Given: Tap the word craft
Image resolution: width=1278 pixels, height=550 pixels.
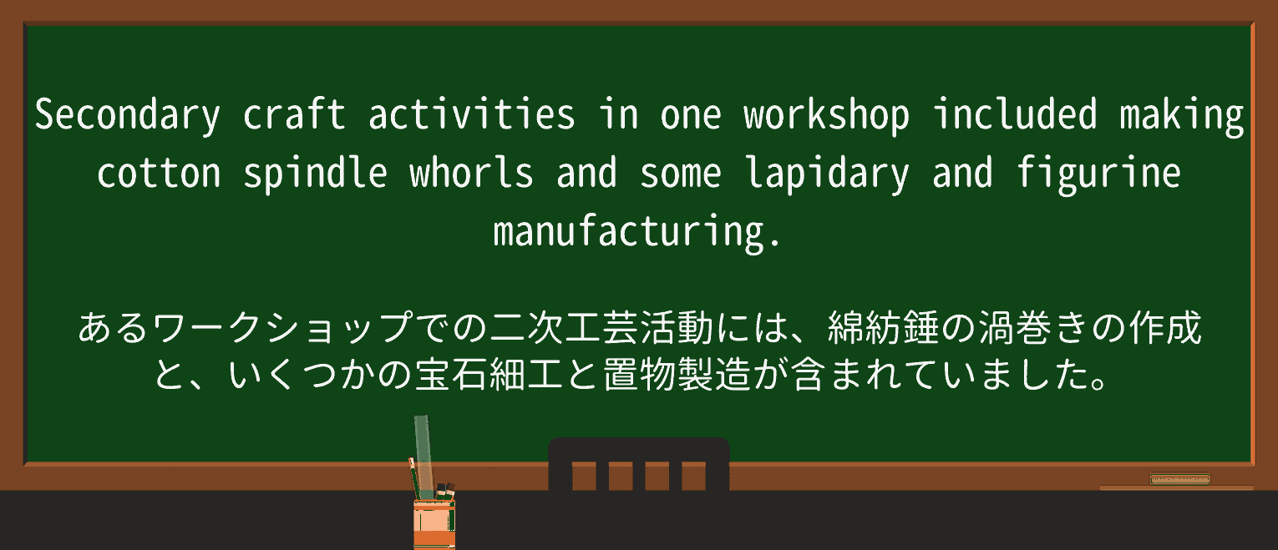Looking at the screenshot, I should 294,115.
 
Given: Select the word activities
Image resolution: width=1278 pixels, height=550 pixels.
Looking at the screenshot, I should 471,115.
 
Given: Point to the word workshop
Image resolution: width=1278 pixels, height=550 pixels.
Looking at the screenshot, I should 826,115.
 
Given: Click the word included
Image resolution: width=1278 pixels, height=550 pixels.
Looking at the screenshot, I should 1014,115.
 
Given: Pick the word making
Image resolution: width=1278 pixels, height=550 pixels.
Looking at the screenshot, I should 1181,115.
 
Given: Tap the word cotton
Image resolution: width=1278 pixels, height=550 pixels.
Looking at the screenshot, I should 159,174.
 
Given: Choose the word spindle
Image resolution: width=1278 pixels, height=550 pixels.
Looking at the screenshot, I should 315,174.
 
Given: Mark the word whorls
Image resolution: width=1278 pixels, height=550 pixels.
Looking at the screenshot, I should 471,174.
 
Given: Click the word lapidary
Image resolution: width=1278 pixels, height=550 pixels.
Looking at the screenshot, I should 826,174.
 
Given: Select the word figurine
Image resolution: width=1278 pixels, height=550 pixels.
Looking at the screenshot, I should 1098,174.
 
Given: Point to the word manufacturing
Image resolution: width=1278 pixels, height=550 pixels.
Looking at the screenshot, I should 637,232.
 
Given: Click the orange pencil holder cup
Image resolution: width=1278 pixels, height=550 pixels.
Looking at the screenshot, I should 434,523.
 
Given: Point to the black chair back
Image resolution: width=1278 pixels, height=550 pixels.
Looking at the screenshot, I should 638,464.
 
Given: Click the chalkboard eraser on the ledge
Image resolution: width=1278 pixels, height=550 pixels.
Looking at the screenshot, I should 1179,478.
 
